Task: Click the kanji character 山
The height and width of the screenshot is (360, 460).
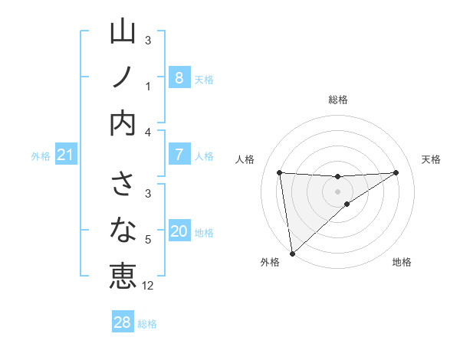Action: (123, 33)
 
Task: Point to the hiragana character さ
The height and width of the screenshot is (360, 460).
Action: (123, 187)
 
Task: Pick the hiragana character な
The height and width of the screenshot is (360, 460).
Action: (123, 231)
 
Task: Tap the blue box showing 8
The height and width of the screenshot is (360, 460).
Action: (179, 77)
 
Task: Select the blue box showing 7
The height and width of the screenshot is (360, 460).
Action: (179, 155)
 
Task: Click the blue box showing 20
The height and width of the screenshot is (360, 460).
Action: (179, 231)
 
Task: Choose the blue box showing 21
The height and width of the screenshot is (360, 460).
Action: (65, 155)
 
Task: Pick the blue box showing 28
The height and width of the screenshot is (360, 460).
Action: (123, 322)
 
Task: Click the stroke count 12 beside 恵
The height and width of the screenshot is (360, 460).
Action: (148, 286)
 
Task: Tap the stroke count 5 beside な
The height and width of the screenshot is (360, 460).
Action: (148, 240)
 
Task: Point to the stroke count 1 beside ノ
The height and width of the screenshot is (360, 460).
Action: (148, 86)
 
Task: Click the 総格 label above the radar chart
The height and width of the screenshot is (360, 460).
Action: (338, 100)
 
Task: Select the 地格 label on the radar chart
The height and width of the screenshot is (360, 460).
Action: (402, 262)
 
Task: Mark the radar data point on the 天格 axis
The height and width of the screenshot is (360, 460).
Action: (396, 172)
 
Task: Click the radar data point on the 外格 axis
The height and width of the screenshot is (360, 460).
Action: (292, 253)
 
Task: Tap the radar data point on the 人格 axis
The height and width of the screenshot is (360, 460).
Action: (280, 172)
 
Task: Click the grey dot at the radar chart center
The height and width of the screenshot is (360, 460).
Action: (338, 191)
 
